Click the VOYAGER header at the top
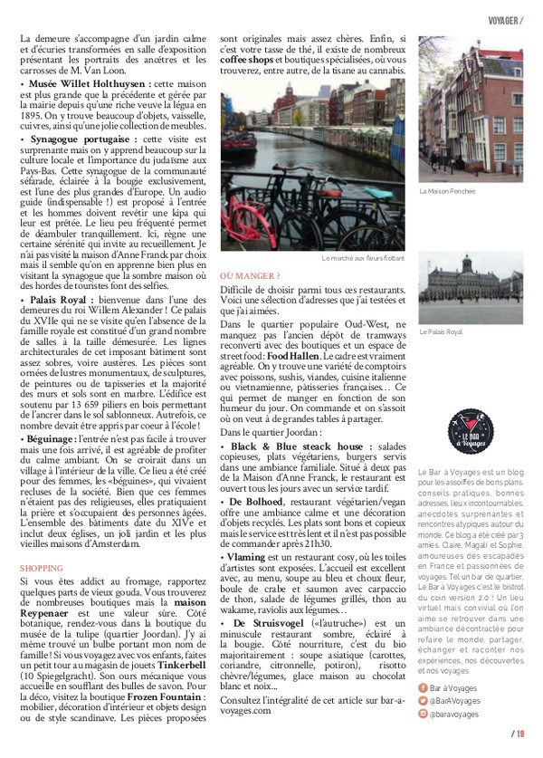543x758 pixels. [x=502, y=20]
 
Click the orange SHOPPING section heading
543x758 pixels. [x=43, y=568]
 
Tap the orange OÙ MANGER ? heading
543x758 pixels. [x=250, y=275]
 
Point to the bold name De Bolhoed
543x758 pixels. [x=258, y=501]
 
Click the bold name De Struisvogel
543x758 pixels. [x=270, y=624]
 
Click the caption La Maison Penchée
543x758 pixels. [x=448, y=191]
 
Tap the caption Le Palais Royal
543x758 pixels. [x=441, y=332]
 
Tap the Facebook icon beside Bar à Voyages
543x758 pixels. [x=424, y=687]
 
